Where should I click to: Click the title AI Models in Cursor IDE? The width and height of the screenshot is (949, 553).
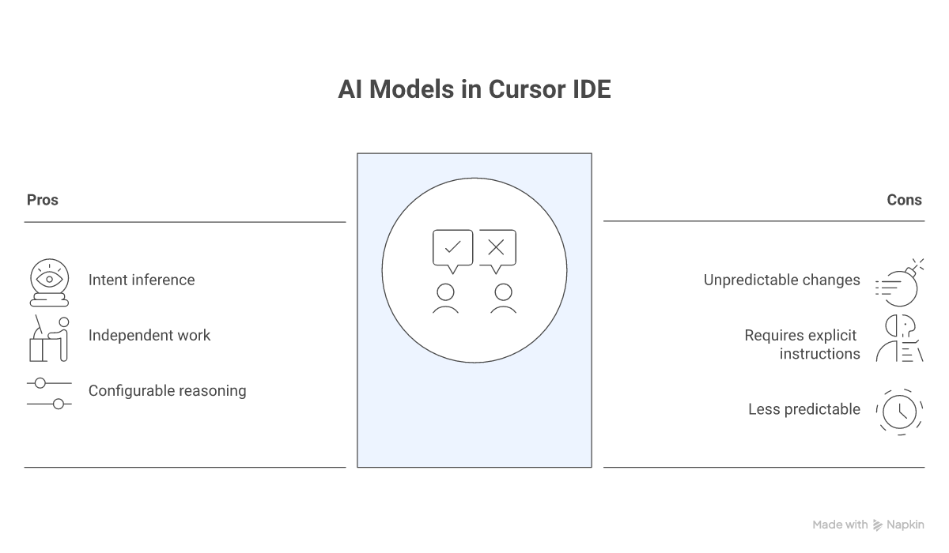point(475,88)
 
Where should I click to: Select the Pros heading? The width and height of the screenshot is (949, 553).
point(43,200)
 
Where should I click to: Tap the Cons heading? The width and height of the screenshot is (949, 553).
point(904,200)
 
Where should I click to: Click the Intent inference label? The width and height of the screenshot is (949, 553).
point(142,280)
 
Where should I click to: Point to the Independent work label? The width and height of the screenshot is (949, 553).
point(149,335)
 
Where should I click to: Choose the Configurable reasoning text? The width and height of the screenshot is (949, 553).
point(167,390)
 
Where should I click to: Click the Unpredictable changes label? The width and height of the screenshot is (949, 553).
point(781,280)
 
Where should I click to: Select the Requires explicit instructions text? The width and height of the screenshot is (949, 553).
point(802,344)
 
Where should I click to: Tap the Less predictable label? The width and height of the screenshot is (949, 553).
point(803,409)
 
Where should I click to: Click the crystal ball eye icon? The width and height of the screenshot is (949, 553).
point(49,282)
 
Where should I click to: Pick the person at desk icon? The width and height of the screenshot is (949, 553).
point(48,338)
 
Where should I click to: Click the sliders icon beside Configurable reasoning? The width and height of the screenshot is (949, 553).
point(49,393)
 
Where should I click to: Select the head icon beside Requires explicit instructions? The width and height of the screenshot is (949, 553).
point(899,338)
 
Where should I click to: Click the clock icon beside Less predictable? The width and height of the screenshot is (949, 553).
point(899,412)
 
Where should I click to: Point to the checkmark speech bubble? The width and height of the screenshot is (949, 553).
point(452,249)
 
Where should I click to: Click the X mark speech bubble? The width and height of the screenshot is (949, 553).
point(497,249)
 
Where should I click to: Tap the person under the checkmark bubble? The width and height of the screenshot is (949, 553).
point(446,299)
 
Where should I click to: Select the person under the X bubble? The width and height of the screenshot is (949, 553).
point(503,299)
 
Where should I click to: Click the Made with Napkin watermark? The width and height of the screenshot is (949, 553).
point(868,525)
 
